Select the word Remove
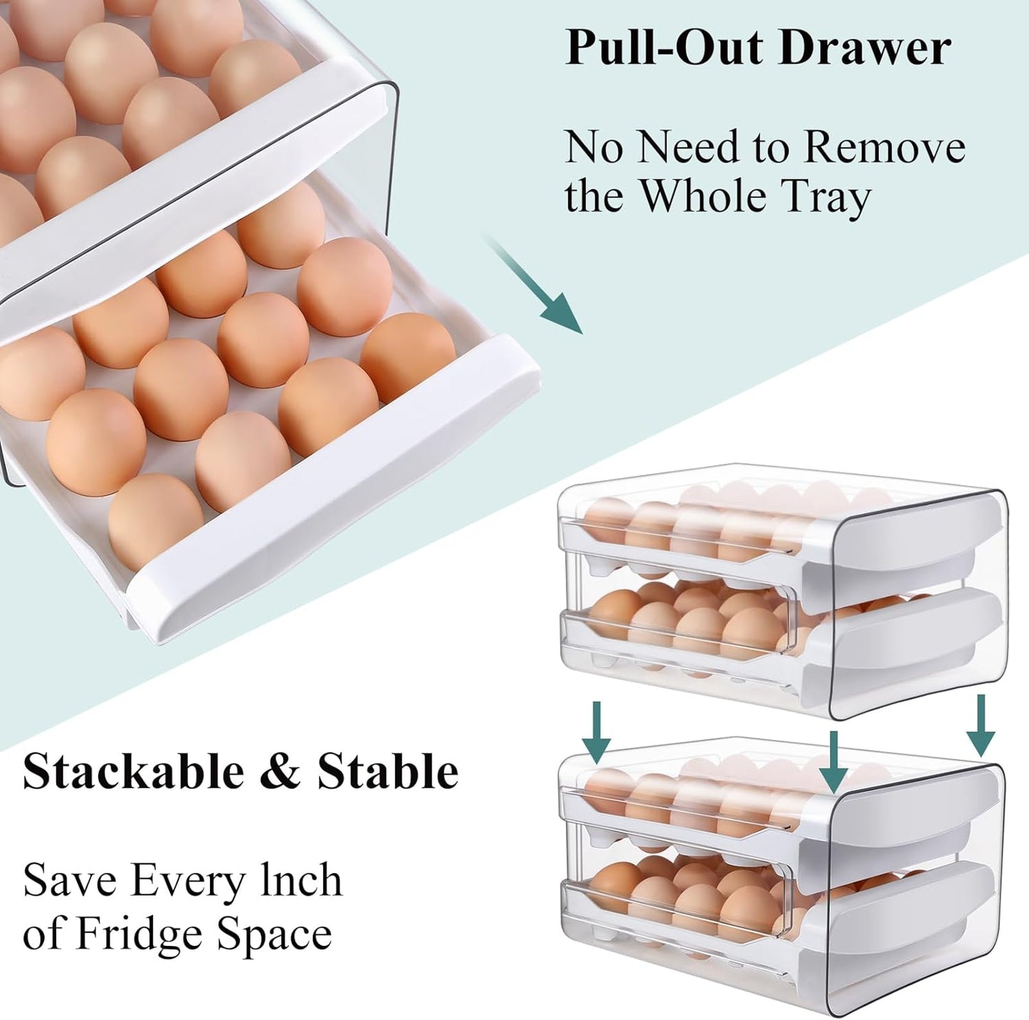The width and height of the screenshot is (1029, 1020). [884, 147]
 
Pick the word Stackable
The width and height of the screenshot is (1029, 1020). [132, 771]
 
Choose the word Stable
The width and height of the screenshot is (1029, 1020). [387, 771]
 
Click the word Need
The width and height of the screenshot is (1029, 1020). [677, 147]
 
